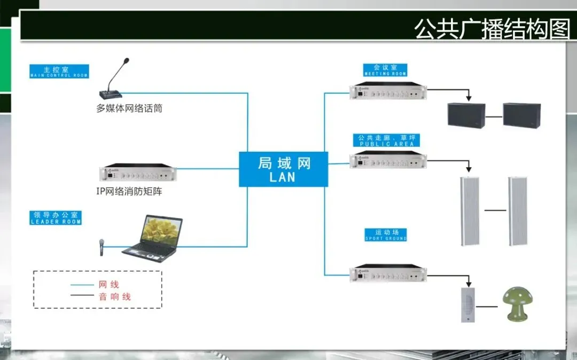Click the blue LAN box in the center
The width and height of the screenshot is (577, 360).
[283, 169]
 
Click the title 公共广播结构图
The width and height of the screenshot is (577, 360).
[492, 29]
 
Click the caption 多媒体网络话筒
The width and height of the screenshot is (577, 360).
[129, 108]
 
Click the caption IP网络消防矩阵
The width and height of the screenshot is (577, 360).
[129, 191]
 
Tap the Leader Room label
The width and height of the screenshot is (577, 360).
[56, 218]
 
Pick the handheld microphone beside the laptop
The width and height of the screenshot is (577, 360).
[100, 247]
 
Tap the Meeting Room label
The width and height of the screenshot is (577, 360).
[385, 70]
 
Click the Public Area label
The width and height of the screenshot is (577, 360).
[387, 140]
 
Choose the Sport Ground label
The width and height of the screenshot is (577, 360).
[386, 235]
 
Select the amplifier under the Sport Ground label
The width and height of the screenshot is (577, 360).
[388, 273]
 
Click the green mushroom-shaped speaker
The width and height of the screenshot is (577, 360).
[514, 304]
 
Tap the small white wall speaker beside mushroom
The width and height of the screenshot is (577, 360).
[468, 304]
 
